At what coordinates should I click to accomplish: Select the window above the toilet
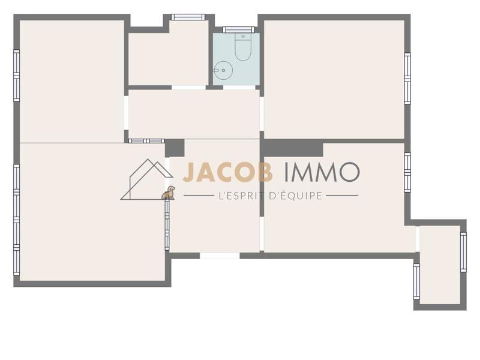click(239, 29)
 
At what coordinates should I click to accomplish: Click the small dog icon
click(169, 193)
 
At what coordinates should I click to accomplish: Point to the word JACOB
click(227, 172)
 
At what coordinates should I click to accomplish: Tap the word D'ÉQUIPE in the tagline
click(296, 195)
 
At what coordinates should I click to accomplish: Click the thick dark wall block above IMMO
click(293, 148)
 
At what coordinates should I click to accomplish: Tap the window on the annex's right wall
click(463, 252)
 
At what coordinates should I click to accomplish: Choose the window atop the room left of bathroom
click(188, 17)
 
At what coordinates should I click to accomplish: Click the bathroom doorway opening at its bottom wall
click(239, 88)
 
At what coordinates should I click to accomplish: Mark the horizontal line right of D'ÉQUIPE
click(342, 196)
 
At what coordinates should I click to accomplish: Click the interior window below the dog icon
click(167, 225)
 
